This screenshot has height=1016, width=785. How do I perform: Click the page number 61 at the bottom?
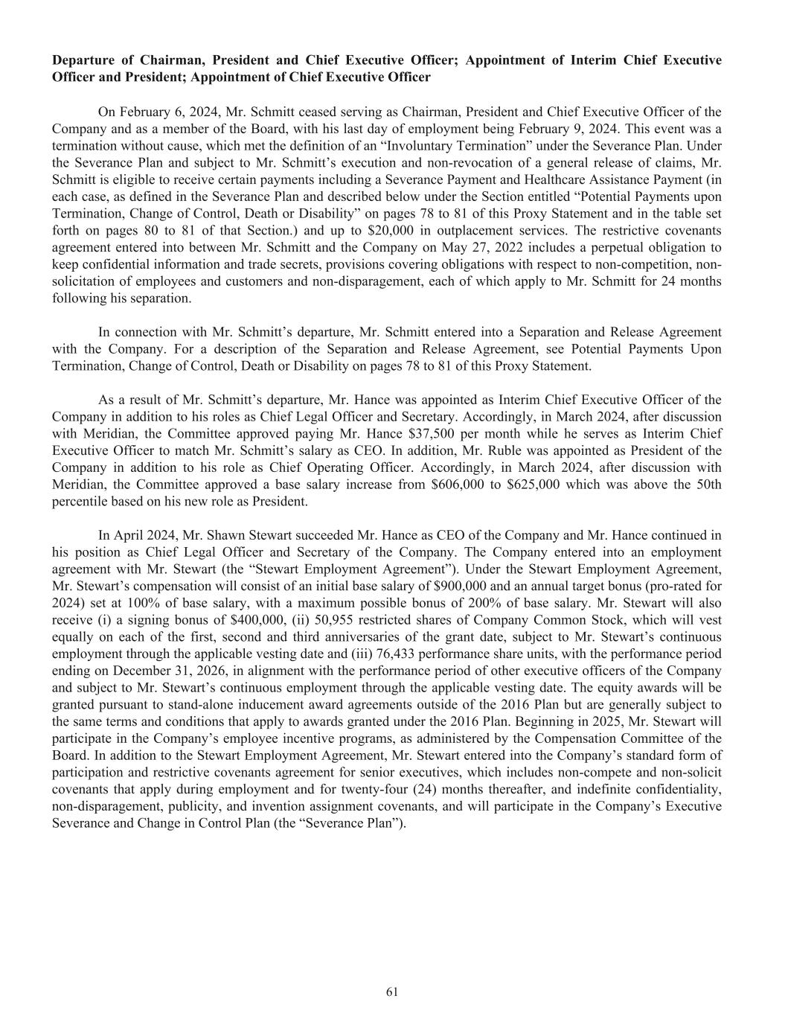pos(392,991)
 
